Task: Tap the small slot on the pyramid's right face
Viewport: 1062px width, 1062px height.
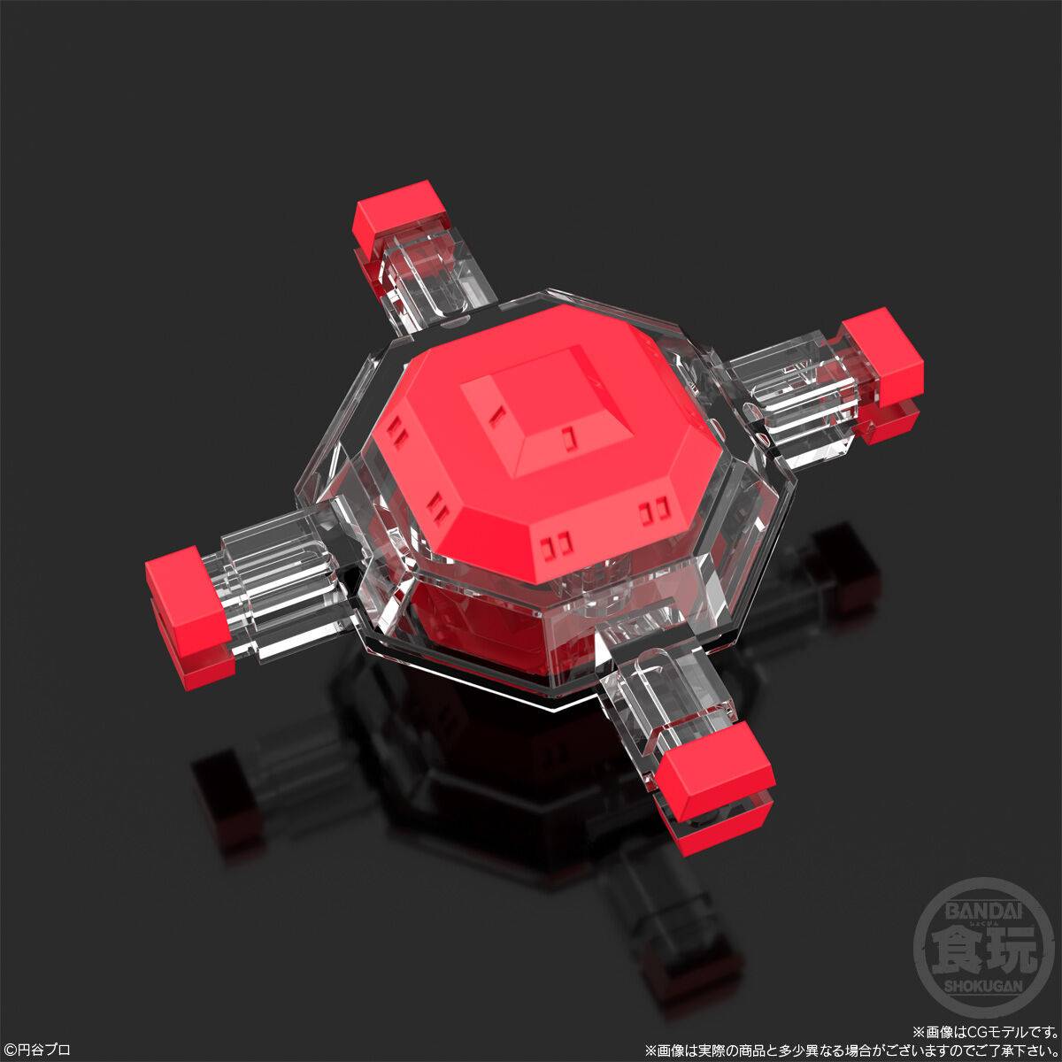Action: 567,436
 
